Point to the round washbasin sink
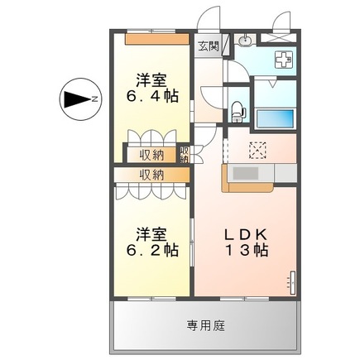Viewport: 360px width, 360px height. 246,41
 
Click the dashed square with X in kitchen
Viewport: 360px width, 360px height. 258,150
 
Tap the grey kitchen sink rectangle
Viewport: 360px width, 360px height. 247,172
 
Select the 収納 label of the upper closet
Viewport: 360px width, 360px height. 151,154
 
